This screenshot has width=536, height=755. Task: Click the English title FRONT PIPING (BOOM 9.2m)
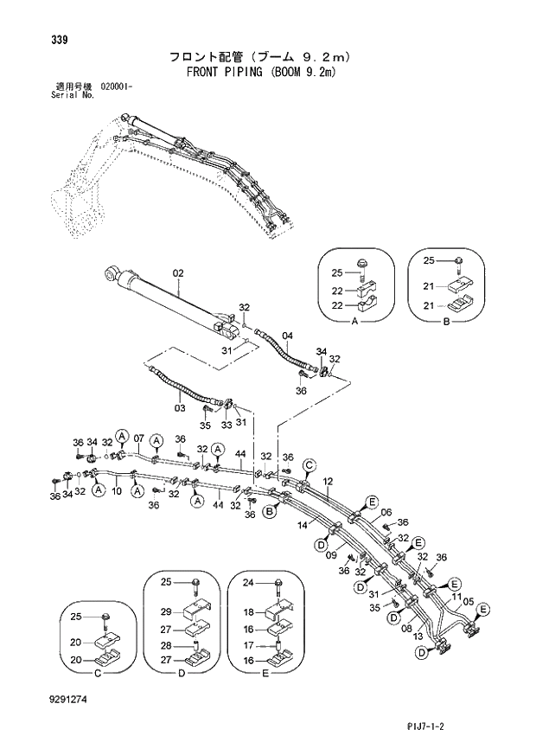click(x=260, y=73)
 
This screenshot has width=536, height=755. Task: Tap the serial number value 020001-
click(x=122, y=87)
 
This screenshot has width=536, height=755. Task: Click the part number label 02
click(x=178, y=274)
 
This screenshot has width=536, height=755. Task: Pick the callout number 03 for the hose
click(x=180, y=406)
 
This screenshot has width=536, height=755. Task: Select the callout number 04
click(x=287, y=336)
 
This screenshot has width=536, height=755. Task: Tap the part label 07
click(x=137, y=438)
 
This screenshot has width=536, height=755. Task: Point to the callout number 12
click(x=328, y=481)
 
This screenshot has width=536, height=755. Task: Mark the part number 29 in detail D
click(x=166, y=611)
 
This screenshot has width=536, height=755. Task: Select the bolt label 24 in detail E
click(x=247, y=582)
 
